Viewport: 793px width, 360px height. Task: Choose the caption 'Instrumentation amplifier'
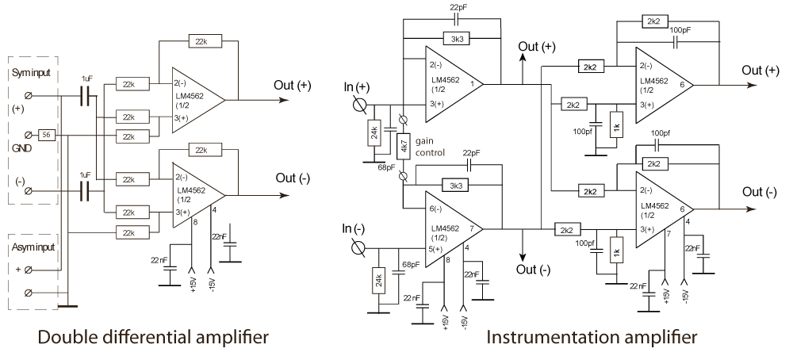point(592,338)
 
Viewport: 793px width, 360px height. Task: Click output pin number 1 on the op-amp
point(471,82)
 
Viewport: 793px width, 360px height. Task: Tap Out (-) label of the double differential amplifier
point(293,178)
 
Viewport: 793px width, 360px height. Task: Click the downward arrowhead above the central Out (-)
point(523,257)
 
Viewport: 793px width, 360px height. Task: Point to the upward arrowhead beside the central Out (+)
point(523,61)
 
